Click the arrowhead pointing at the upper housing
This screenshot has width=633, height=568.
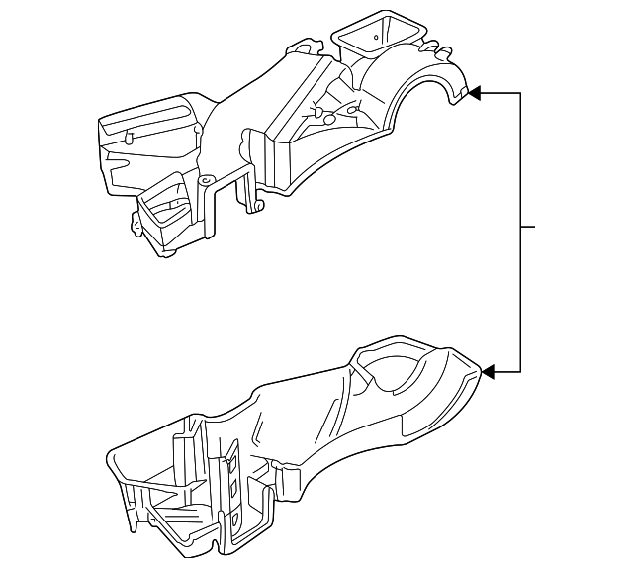pos(474,93)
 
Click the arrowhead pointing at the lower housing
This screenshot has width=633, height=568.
pos(487,372)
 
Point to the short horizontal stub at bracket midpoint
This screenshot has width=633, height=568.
pos(528,228)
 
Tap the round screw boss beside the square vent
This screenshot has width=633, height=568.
pos(206,182)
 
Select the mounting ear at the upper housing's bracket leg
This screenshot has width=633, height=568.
pos(259,205)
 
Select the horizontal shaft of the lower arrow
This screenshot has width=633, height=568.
pos(507,372)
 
